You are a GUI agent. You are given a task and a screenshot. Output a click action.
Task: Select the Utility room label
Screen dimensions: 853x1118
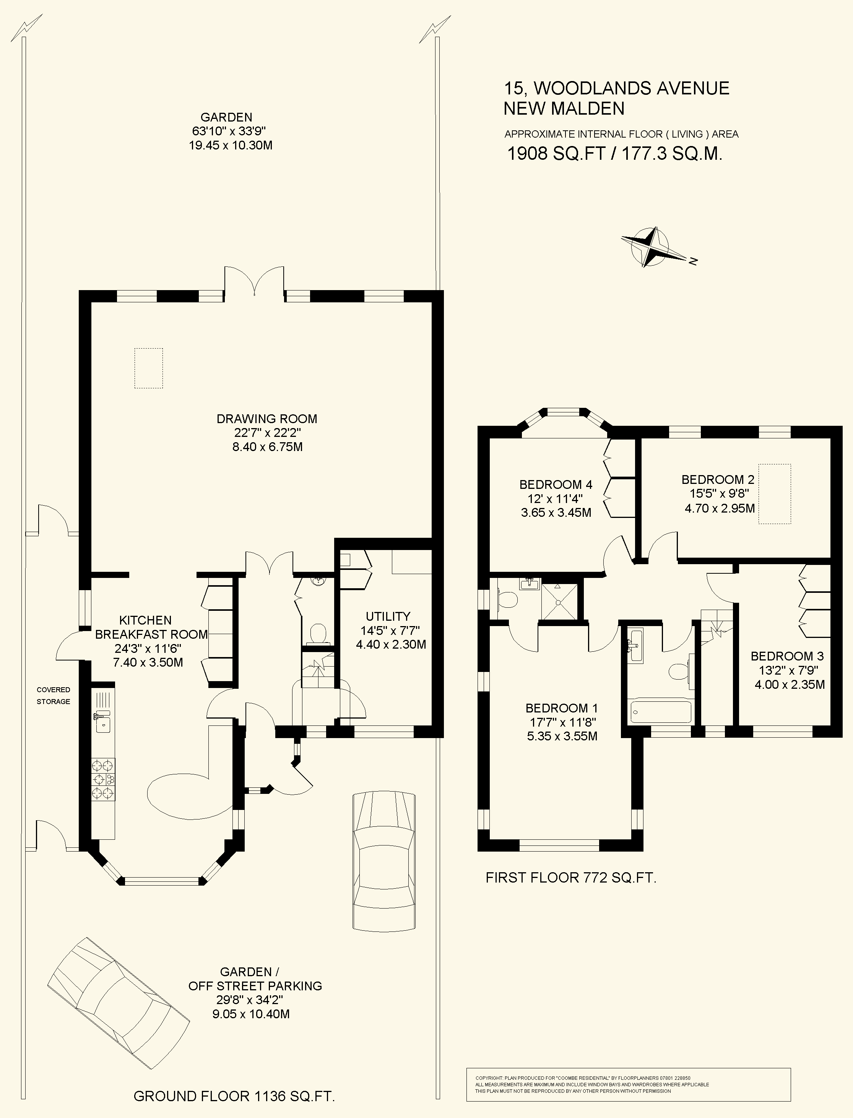pos(388,616)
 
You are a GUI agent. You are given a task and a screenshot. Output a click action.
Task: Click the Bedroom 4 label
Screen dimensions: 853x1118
pos(556,484)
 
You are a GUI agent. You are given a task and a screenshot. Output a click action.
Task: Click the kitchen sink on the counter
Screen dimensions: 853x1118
pos(104,723)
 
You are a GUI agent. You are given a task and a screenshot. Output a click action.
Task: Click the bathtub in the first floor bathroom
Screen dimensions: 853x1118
pos(661,711)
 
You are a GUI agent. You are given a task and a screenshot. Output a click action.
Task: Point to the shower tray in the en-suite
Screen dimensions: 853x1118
pos(559,601)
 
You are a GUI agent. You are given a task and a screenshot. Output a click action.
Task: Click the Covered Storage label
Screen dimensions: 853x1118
pos(53,695)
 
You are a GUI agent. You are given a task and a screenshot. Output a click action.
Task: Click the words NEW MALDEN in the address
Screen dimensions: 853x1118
pos(564,108)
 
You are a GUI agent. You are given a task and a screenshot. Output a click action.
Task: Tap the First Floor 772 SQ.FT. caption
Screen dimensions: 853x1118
pos(571,878)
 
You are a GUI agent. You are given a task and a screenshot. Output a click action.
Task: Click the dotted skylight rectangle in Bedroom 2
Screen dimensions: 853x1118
pos(775,494)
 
